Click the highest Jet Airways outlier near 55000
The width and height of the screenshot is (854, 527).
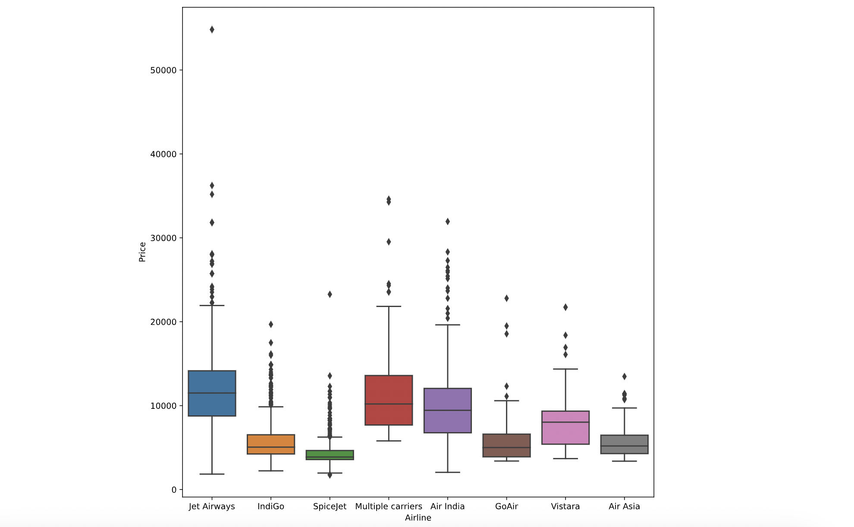(212, 30)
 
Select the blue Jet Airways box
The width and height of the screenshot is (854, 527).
(212, 403)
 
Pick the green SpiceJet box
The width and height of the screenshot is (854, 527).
(330, 454)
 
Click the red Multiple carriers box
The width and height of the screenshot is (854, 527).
(389, 390)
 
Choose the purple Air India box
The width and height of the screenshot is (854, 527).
(448, 420)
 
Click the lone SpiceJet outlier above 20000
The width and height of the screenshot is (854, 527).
(330, 295)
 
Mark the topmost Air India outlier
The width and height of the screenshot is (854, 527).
(448, 222)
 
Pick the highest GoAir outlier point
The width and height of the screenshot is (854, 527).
(506, 298)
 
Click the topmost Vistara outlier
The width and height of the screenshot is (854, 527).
(565, 307)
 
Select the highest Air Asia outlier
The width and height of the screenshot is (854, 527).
(624, 376)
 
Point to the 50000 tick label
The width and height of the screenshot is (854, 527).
(163, 70)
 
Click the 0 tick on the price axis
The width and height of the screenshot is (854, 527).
(174, 490)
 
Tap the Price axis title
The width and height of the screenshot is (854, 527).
(142, 252)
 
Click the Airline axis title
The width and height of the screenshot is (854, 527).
(418, 518)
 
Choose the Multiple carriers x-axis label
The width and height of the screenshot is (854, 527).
(389, 507)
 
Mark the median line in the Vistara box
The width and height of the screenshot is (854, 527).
(565, 422)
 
